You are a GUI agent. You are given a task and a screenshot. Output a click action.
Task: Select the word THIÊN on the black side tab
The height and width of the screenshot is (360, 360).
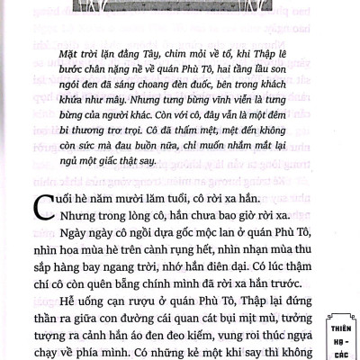[x=338, y=317]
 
